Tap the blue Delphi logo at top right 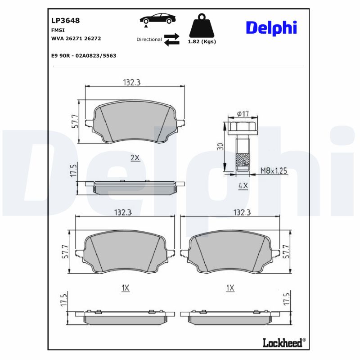click(x=271, y=28)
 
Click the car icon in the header click(x=157, y=19)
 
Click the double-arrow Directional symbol click(x=171, y=39)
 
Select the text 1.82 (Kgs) click(x=201, y=41)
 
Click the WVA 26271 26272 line click(x=76, y=39)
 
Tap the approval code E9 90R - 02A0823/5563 click(x=84, y=55)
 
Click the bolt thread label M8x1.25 click(x=274, y=171)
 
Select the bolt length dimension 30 click(x=220, y=147)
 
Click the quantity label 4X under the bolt click(x=243, y=185)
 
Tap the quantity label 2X click(x=135, y=157)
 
